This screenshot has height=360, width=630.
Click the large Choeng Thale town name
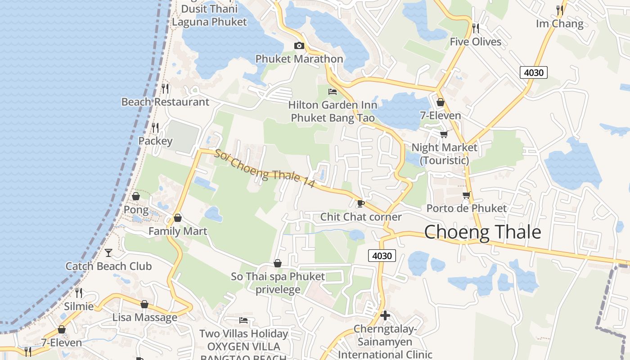click(482, 232)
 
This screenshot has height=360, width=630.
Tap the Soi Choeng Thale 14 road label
click(264, 168)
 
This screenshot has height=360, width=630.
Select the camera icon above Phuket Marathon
click(299, 45)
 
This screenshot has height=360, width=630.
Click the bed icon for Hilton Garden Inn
click(333, 92)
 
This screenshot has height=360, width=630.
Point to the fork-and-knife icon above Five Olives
click(476, 28)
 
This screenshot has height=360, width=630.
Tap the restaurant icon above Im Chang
click(560, 10)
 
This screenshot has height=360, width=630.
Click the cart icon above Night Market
click(444, 134)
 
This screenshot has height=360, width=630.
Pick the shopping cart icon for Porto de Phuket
click(466, 195)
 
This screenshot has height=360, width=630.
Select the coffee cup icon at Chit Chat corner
click(360, 203)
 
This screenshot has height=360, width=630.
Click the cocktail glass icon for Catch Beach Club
click(108, 252)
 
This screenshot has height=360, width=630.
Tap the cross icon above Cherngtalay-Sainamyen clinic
click(385, 315)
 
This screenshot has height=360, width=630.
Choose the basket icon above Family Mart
click(178, 218)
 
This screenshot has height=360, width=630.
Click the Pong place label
click(136, 210)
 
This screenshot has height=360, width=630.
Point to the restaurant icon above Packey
click(155, 128)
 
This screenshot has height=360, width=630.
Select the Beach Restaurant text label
click(165, 102)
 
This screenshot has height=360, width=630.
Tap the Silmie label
click(79, 306)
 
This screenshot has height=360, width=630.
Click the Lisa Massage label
click(144, 317)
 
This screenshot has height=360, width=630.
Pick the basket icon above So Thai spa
click(278, 263)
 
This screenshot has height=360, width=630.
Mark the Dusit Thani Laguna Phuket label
click(209, 15)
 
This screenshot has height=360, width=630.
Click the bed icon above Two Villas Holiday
click(243, 320)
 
